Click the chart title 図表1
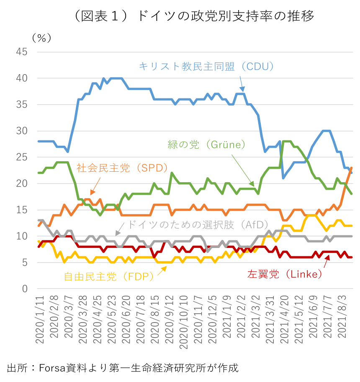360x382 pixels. pos(192,16)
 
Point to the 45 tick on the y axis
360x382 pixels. pos(22,52)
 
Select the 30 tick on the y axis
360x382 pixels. pos(22,131)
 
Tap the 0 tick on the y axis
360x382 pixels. pos(25,289)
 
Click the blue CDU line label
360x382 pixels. pos(206,66)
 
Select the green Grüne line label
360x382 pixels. pos(206,145)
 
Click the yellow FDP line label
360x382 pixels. pos(108,277)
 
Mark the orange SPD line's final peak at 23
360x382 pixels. pos(352,168)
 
